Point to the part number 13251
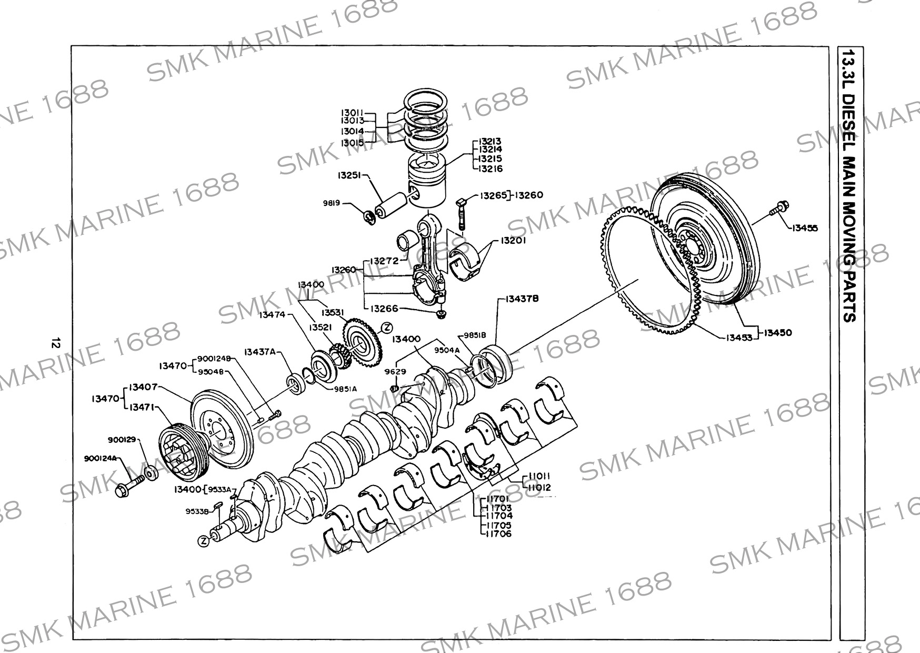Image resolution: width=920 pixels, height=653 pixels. [x=349, y=175]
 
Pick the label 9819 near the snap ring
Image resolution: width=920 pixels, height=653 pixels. [x=332, y=203]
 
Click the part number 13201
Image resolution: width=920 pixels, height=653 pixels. [x=513, y=240]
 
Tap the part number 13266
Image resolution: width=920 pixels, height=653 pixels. [x=384, y=309]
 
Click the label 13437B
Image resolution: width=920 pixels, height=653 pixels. [x=522, y=299]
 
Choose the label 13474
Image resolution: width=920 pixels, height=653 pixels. [x=272, y=314]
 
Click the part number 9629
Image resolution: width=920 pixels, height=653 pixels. [x=395, y=371]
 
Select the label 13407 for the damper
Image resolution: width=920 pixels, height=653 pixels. [x=143, y=387]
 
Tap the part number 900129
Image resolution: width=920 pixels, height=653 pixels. [x=122, y=439]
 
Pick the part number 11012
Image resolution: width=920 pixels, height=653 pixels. [x=539, y=488]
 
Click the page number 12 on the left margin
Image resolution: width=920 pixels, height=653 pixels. [x=54, y=343]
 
